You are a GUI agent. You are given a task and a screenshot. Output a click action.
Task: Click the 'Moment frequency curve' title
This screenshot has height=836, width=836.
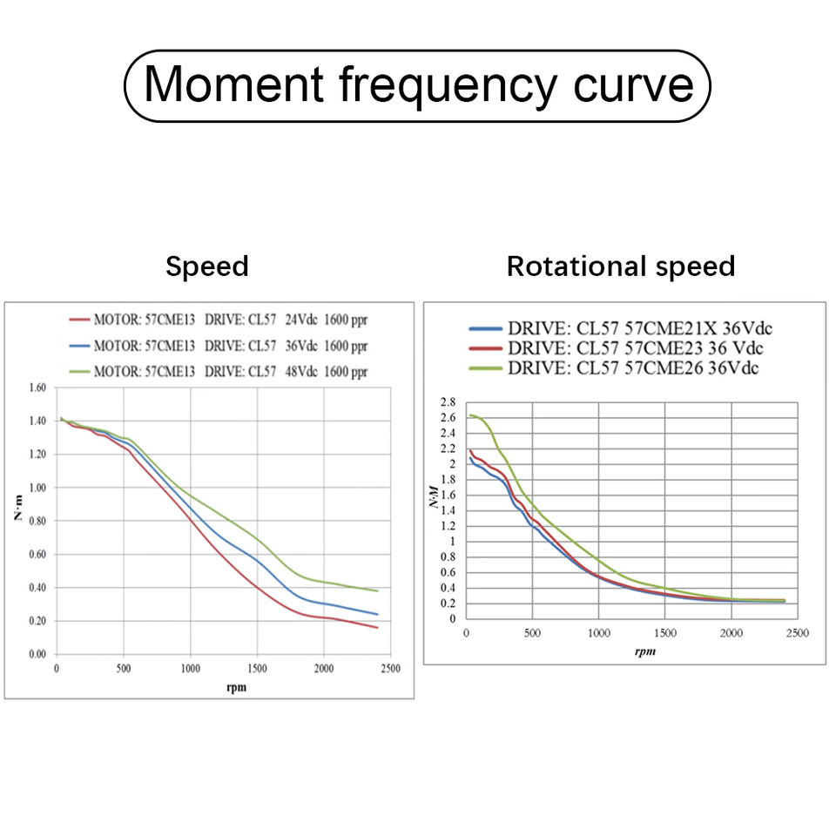[x=418, y=85]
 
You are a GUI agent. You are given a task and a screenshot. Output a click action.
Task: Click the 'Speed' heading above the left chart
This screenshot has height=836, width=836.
[x=207, y=266]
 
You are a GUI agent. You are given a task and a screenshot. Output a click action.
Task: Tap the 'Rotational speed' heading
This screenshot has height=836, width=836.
[x=621, y=266]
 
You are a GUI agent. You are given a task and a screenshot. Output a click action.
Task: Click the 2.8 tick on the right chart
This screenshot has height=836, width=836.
[x=448, y=402]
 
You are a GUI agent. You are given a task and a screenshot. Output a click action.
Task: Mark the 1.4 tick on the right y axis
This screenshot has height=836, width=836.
[x=448, y=510]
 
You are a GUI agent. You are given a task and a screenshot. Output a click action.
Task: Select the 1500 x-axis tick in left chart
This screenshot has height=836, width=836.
[x=257, y=668]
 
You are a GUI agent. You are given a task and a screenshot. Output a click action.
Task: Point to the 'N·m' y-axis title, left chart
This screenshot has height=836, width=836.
[x=18, y=512]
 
